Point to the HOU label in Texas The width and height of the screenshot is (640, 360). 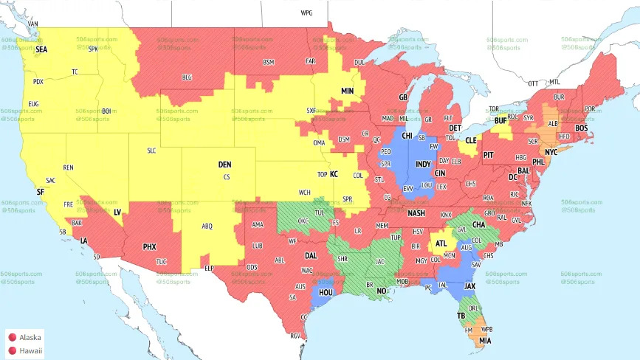[x=326, y=292]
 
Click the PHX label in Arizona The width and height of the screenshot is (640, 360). [x=148, y=246]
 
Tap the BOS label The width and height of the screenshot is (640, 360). [x=582, y=128]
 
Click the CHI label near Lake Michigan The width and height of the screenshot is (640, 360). [x=406, y=136]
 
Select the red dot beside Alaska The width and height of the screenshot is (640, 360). [x=12, y=336]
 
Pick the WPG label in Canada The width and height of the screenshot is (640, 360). [x=306, y=13]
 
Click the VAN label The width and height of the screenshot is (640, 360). [x=32, y=24]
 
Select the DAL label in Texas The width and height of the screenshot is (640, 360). [x=311, y=255]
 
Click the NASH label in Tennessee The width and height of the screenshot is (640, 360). [x=416, y=213]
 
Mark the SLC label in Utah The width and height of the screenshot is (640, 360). [x=151, y=150]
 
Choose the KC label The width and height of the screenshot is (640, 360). [x=334, y=174]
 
